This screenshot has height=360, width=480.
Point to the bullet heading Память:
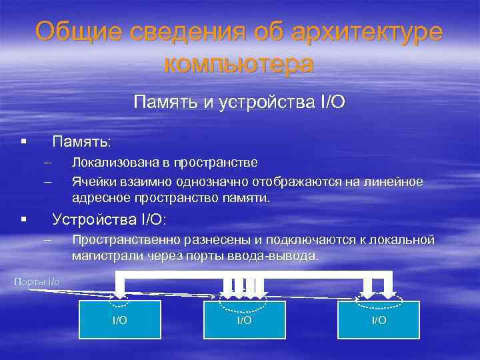(83, 142)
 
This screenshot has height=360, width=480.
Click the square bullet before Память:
(23, 142)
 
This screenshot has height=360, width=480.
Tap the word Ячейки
(93, 181)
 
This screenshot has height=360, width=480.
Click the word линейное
(395, 181)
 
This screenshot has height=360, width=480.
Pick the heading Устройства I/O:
(109, 219)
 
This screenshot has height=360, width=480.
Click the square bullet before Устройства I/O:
(23, 219)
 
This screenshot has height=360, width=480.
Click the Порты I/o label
(37, 282)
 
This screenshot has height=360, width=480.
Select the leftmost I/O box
(120, 320)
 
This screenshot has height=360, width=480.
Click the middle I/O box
(244, 320)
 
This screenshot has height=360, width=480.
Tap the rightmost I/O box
(378, 320)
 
